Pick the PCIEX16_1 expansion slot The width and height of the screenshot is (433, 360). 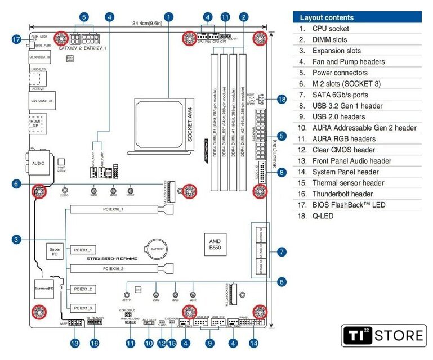(113, 209)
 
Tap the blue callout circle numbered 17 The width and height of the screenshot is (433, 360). (16, 39)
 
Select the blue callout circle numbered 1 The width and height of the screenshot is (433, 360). (169, 17)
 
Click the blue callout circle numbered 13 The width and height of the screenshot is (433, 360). (74, 343)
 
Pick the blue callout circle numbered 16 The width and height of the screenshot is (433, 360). (94, 343)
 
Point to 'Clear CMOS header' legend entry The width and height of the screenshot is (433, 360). (343, 150)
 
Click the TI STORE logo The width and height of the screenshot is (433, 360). (383, 336)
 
